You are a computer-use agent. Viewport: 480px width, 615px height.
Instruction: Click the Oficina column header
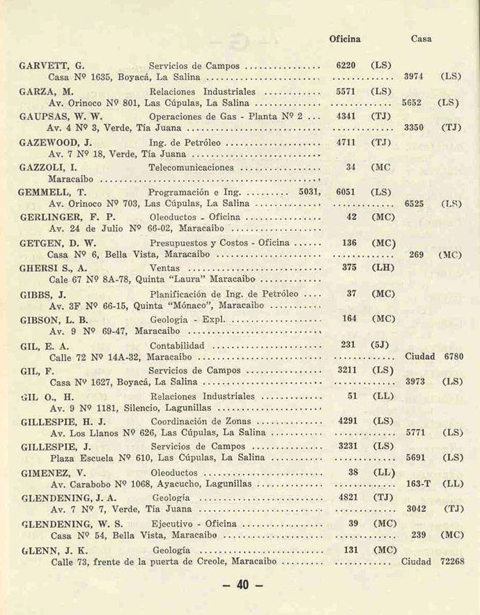click(x=345, y=39)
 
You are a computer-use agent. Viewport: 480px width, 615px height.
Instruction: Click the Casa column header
click(x=421, y=39)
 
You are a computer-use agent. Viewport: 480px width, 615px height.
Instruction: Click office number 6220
click(x=346, y=65)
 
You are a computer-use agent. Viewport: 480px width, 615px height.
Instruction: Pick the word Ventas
click(x=166, y=267)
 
